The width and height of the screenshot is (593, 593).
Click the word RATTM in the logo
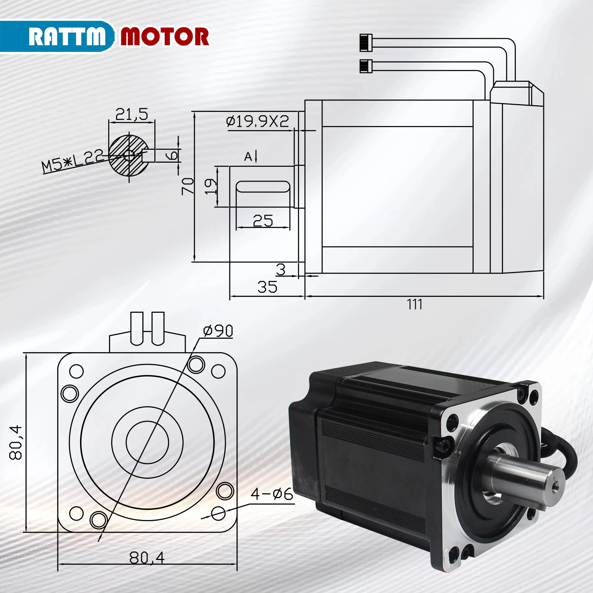pyautogui.click(x=67, y=37)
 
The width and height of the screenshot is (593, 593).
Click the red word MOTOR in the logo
pyautogui.click(x=165, y=37)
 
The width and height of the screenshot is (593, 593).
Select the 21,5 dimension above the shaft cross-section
pyautogui.click(x=132, y=114)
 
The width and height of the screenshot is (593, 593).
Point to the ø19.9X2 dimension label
pyautogui.click(x=257, y=121)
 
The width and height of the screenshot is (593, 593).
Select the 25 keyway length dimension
pyautogui.click(x=263, y=221)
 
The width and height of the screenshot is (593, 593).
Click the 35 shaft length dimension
pyautogui.click(x=267, y=287)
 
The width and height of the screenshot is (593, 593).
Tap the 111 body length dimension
pyautogui.click(x=414, y=304)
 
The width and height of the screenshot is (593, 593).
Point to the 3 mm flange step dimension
pyautogui.click(x=281, y=269)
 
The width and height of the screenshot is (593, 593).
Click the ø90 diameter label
pyautogui.click(x=218, y=331)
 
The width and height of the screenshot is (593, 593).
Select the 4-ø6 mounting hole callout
pyautogui.click(x=272, y=494)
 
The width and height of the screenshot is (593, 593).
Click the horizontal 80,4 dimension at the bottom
pyautogui.click(x=147, y=557)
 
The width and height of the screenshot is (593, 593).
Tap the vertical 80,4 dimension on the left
pyautogui.click(x=16, y=443)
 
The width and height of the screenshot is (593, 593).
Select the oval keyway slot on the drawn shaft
pyautogui.click(x=263, y=186)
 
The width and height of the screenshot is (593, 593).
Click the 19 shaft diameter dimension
pyautogui.click(x=211, y=186)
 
